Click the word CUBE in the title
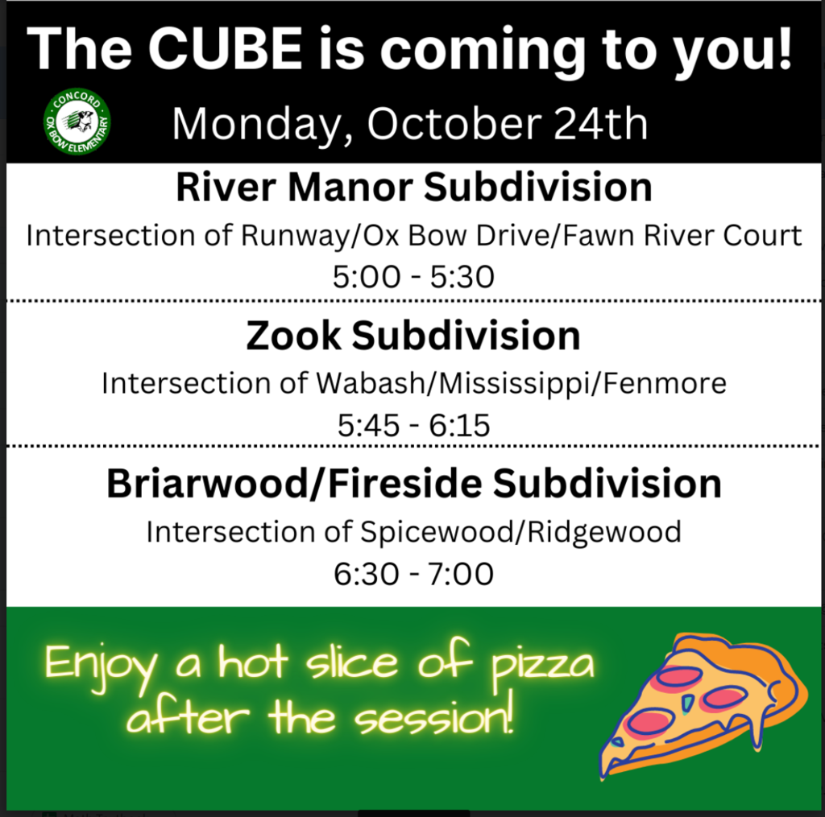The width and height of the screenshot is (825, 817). coord(229,48)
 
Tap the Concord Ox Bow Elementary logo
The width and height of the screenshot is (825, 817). coord(77,122)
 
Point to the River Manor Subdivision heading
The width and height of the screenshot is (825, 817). coord(414,188)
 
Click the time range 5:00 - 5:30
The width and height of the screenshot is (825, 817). coord(413,277)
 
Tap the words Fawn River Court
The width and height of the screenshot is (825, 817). coord(682,235)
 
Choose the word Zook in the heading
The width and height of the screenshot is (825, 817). coord(293,336)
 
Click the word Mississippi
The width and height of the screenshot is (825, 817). coord(513,384)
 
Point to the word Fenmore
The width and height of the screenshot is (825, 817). coord(665,382)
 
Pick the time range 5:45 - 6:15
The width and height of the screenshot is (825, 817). coord(413,425)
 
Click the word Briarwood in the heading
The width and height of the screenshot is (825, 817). coord(209,484)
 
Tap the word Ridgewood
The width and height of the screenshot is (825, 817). coord(604,532)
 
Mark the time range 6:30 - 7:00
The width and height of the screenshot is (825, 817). coord(413,574)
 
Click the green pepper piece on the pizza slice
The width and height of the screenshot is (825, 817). coord(687,704)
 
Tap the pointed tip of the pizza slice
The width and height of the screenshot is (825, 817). coord(603,774)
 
